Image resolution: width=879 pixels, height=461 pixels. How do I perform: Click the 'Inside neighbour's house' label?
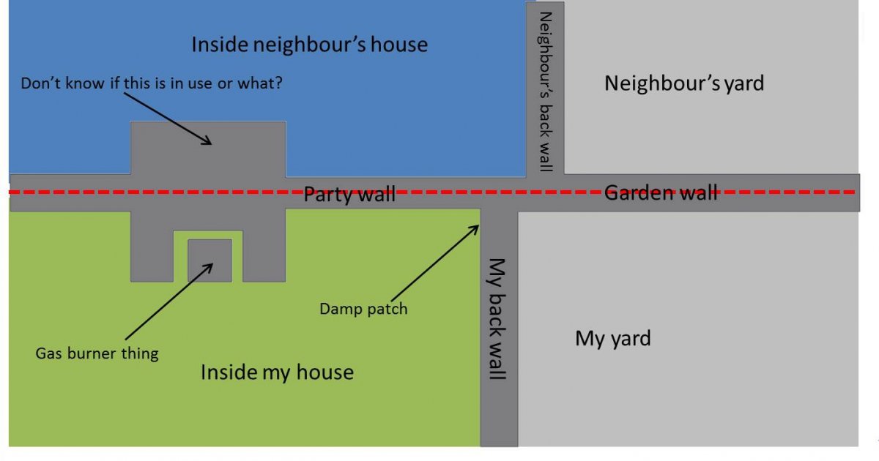(310, 45)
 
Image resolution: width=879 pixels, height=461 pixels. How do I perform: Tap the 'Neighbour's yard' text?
(684, 83)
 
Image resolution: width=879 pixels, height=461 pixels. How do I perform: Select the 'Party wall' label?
(349, 194)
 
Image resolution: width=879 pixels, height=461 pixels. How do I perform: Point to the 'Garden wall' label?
(661, 192)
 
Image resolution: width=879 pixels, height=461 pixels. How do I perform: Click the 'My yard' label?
(613, 338)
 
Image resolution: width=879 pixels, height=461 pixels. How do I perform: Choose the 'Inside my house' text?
(277, 372)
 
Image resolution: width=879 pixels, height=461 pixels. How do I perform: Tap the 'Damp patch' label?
(363, 309)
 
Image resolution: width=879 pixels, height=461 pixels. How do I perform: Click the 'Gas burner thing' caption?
(97, 353)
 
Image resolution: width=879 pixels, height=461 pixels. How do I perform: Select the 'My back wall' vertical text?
(497, 319)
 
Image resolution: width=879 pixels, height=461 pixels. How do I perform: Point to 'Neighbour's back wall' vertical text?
(546, 91)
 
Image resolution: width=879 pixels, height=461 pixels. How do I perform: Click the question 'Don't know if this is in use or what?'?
(152, 83)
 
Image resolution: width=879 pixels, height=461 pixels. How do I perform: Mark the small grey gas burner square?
(209, 261)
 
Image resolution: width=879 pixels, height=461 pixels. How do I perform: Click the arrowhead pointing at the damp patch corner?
(475, 228)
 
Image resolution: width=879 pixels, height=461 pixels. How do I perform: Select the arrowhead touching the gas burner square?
(208, 267)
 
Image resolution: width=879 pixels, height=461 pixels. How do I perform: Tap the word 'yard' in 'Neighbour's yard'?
(744, 84)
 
